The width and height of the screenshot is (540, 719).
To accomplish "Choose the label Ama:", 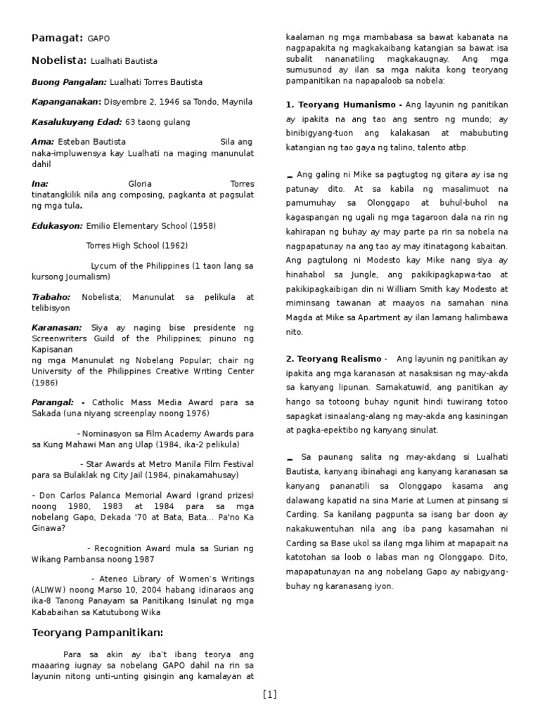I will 43,142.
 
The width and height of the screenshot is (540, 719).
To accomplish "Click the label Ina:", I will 40,184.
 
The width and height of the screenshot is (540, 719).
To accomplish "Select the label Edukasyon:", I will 57,226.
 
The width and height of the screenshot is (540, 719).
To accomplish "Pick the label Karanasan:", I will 57,328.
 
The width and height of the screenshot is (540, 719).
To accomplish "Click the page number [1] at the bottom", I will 270,695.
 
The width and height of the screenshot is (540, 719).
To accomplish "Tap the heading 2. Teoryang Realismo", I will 333,359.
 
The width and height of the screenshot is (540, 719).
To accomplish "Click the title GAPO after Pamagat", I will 99,38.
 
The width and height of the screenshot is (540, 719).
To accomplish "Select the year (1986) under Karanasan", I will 46,383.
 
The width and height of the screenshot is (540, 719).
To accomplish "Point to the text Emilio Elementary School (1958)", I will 150,226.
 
